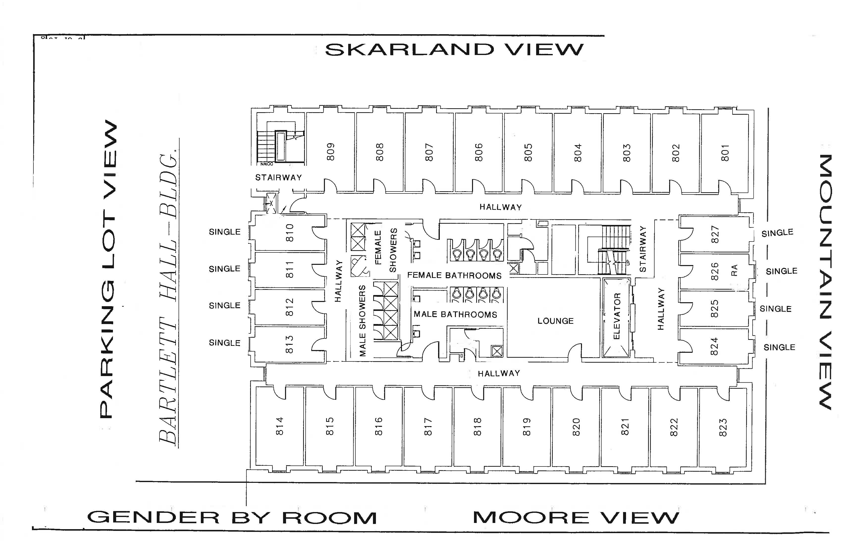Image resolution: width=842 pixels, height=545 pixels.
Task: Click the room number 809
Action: point(330,152)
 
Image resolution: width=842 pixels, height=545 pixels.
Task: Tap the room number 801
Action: point(725,153)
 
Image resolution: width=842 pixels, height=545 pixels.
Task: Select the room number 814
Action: point(280,426)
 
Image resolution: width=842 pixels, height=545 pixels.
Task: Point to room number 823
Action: point(723,428)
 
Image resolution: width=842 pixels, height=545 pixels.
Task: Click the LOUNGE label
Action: point(555,321)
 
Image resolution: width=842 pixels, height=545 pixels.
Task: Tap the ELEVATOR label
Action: point(617,316)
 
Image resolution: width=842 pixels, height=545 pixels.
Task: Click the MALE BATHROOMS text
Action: point(455,314)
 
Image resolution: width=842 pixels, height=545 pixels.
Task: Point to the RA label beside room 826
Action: point(735,270)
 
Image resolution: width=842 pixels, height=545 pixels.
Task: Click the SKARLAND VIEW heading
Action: point(454,50)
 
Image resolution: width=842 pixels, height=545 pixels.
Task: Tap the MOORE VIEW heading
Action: point(576,518)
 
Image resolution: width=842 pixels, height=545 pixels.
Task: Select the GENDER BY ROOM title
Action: point(232,518)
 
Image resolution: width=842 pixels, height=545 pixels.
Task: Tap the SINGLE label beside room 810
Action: point(225,232)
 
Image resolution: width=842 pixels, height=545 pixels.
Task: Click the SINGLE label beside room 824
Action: point(779,347)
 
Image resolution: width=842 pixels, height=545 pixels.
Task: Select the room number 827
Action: point(715,234)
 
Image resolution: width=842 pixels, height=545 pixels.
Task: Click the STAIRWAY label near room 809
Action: point(279,177)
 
